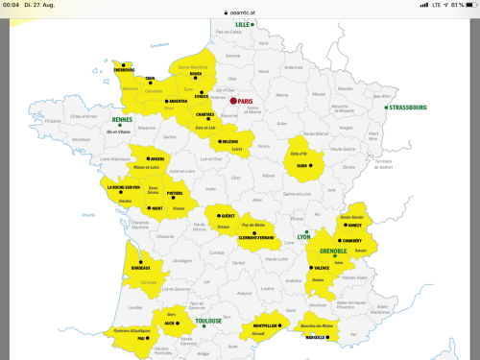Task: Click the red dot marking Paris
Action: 232,100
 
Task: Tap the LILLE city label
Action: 243,23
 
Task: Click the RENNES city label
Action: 122,119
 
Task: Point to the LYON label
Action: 303,236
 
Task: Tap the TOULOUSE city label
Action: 208,321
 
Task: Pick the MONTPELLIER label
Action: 266,325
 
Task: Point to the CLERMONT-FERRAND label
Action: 256,236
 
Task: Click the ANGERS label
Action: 158,159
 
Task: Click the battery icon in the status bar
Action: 468,5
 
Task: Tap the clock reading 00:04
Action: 11,5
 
